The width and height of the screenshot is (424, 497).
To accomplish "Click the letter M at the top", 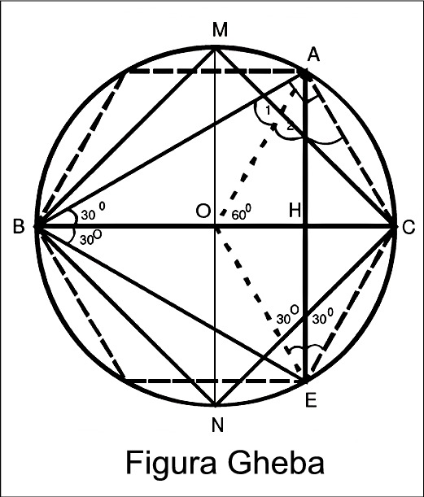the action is [220, 30].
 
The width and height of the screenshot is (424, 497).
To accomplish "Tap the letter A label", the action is [313, 54].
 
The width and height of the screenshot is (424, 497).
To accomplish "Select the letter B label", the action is [19, 227].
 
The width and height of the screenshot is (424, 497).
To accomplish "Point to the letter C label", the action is [409, 227].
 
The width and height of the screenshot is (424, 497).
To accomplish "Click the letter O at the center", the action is [203, 211].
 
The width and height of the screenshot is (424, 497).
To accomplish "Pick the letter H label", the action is [295, 210].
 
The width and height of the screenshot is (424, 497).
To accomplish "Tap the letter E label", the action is [310, 400].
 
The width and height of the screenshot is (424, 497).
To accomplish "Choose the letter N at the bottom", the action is [218, 425].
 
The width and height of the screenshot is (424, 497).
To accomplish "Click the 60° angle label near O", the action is [242, 213].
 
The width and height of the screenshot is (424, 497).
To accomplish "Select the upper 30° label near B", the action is [93, 211].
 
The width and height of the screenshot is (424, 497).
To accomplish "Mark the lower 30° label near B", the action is [90, 238].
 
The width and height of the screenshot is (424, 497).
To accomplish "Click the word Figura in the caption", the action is [171, 463].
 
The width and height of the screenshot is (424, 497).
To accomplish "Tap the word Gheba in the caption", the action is [275, 462].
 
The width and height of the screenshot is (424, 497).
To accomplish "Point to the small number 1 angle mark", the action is [268, 111].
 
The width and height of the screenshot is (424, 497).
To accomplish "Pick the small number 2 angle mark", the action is [291, 127].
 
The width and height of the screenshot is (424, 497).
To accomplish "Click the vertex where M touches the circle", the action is [216, 48].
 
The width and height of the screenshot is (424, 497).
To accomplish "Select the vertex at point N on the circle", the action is [216, 405].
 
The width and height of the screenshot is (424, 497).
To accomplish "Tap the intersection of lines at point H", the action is [305, 226].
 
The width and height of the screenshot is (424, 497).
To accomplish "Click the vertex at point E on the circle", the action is [305, 380].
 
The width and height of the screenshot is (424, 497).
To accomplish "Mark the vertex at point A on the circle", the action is [305, 73].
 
